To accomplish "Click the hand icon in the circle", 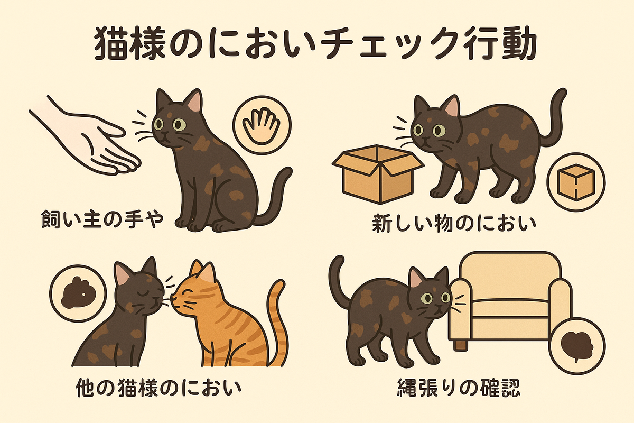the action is (x=262, y=125).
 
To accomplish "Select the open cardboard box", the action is (x=378, y=173).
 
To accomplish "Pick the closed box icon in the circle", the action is (x=576, y=182).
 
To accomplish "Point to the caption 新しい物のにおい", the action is (x=454, y=224).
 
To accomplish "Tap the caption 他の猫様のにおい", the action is (x=158, y=388).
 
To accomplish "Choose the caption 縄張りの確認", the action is (x=459, y=388).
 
